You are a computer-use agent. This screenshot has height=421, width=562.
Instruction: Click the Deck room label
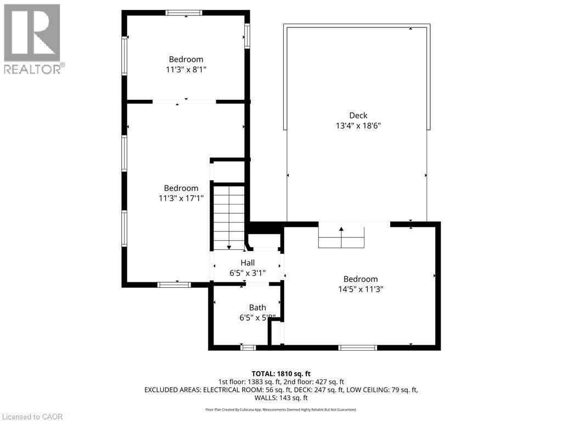pos(358,115)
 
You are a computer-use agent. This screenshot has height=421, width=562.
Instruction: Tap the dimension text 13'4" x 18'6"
pos(358,126)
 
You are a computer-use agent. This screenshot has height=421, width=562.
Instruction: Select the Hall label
pos(247,263)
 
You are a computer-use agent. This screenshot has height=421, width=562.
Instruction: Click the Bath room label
pos(257,308)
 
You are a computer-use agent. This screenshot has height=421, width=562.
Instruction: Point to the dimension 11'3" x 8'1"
pos(186,70)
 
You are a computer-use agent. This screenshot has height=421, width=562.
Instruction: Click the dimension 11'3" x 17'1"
pos(181,198)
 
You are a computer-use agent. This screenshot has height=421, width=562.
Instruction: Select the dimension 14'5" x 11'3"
pos(361,289)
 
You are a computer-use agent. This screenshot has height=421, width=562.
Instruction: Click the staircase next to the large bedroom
pos(229,217)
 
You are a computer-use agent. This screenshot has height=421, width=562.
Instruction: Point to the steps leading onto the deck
pos(341,237)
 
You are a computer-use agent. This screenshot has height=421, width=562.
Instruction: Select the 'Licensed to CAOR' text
pos(32,417)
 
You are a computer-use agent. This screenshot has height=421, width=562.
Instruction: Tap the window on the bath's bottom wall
pos(248,348)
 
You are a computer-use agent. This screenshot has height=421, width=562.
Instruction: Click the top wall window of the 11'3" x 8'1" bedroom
pos(184,13)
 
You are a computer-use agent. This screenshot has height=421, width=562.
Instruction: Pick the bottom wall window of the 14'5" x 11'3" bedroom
pos(357,348)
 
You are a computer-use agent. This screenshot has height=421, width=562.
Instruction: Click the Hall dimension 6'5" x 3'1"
pos(247,272)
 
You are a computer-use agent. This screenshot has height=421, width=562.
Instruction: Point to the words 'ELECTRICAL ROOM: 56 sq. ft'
pos(250,390)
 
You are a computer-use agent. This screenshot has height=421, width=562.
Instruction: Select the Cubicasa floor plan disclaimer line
pos(281,409)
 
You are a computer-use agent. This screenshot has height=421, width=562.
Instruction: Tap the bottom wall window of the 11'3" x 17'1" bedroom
pos(174,285)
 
